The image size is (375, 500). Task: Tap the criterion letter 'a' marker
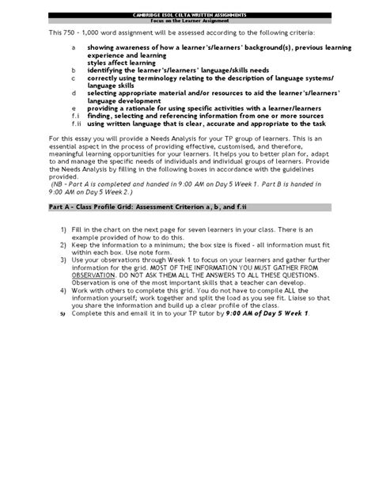coord(73,47)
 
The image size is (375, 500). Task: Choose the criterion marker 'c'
coord(73,79)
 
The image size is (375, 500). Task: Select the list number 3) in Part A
coord(63,259)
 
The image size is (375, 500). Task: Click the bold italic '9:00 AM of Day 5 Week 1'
coord(255,313)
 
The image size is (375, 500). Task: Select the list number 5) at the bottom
coord(63,314)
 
